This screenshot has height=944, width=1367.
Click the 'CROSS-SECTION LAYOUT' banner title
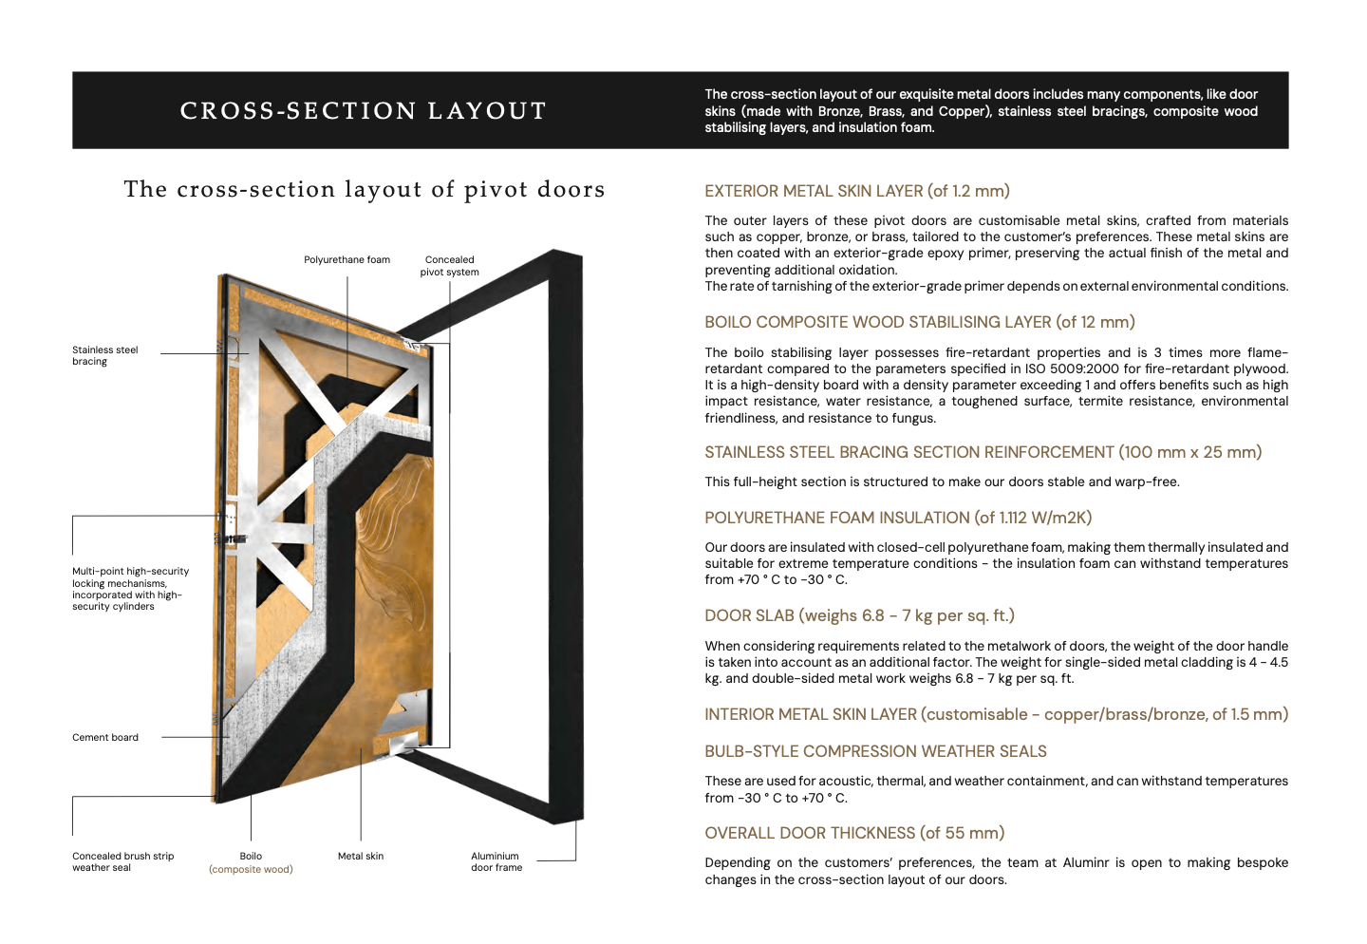tap(364, 111)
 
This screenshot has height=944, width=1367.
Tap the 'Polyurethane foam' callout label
tap(346, 260)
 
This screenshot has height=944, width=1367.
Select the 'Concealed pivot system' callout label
tap(449, 266)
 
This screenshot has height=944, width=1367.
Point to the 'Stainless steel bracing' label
tap(104, 356)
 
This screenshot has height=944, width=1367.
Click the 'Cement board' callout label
tap(105, 738)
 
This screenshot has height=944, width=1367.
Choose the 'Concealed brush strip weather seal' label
tap(122, 862)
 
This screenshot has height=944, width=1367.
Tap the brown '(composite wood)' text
tap(251, 870)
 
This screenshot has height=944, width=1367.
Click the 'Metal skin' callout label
tap(361, 857)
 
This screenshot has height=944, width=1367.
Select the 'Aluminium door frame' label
tap(496, 862)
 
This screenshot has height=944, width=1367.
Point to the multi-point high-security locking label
tap(130, 589)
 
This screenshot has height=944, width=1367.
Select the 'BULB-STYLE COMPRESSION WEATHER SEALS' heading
tap(874, 751)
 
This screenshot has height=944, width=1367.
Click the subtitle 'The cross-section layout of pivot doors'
tap(364, 189)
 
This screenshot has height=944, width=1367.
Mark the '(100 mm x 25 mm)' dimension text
tap(1190, 452)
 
